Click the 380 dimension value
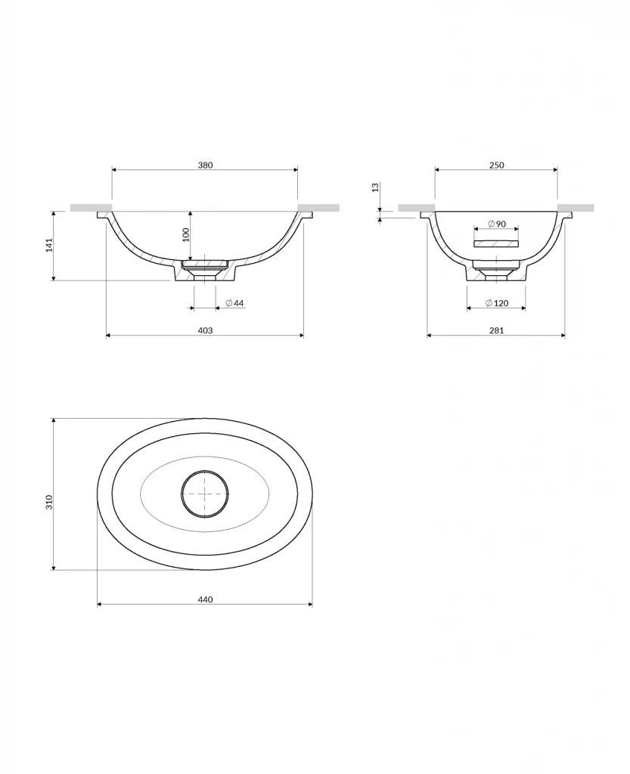click(206, 165)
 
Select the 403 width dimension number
click(205, 330)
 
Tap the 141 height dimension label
click(49, 246)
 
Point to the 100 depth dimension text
click(185, 235)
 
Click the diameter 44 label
click(235, 303)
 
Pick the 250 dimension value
click(497, 165)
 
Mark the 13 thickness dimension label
click(375, 187)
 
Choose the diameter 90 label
click(497, 224)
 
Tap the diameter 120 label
click(497, 303)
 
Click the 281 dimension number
click(497, 330)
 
